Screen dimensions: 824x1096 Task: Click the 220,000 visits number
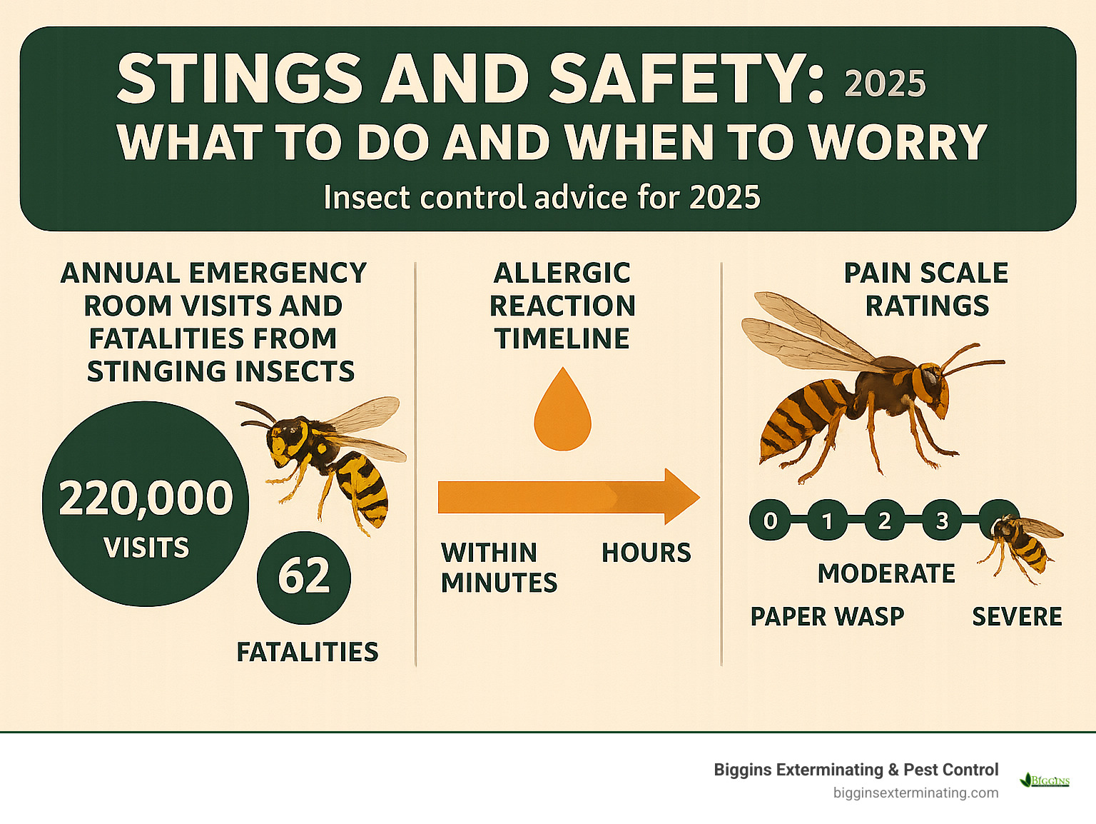(146, 498)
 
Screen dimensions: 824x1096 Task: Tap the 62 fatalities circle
(304, 577)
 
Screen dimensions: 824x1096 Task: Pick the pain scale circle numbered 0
(770, 521)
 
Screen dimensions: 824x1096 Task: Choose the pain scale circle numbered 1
(827, 521)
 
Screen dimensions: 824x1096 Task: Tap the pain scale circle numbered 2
(884, 521)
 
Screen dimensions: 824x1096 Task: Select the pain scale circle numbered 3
(942, 521)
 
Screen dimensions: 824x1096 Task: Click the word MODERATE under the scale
(886, 573)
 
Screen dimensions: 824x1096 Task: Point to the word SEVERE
(1017, 617)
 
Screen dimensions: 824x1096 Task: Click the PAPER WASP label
(827, 617)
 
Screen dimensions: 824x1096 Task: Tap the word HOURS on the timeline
(646, 553)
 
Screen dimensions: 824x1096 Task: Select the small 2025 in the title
(885, 84)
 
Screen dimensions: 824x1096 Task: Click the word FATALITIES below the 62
(308, 652)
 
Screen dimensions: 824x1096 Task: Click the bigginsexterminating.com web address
(915, 793)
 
